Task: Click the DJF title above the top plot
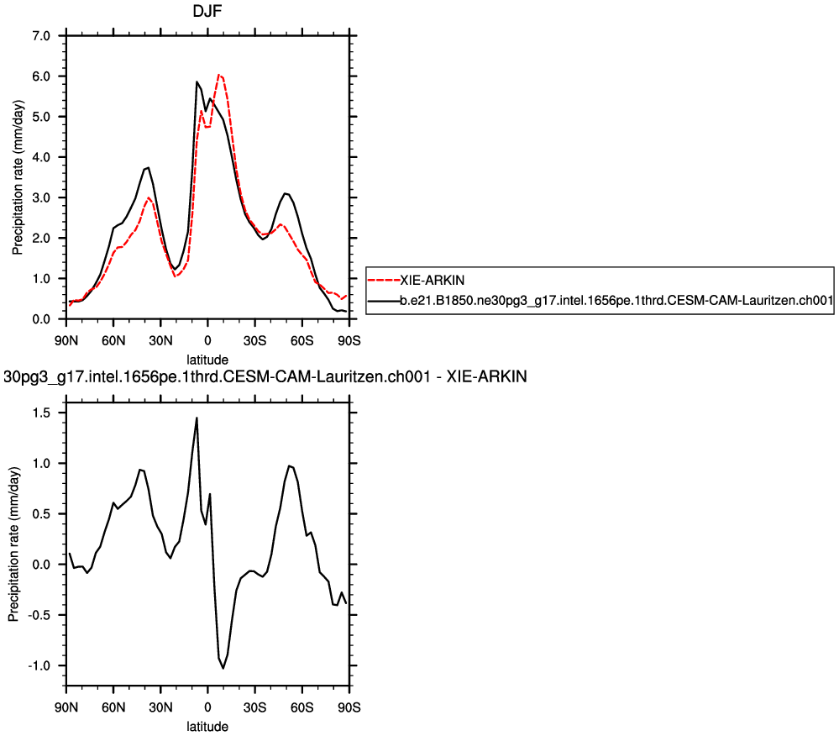tap(207, 13)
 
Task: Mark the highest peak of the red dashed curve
tap(218, 75)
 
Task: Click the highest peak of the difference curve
tap(197, 418)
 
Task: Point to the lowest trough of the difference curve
tap(223, 668)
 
